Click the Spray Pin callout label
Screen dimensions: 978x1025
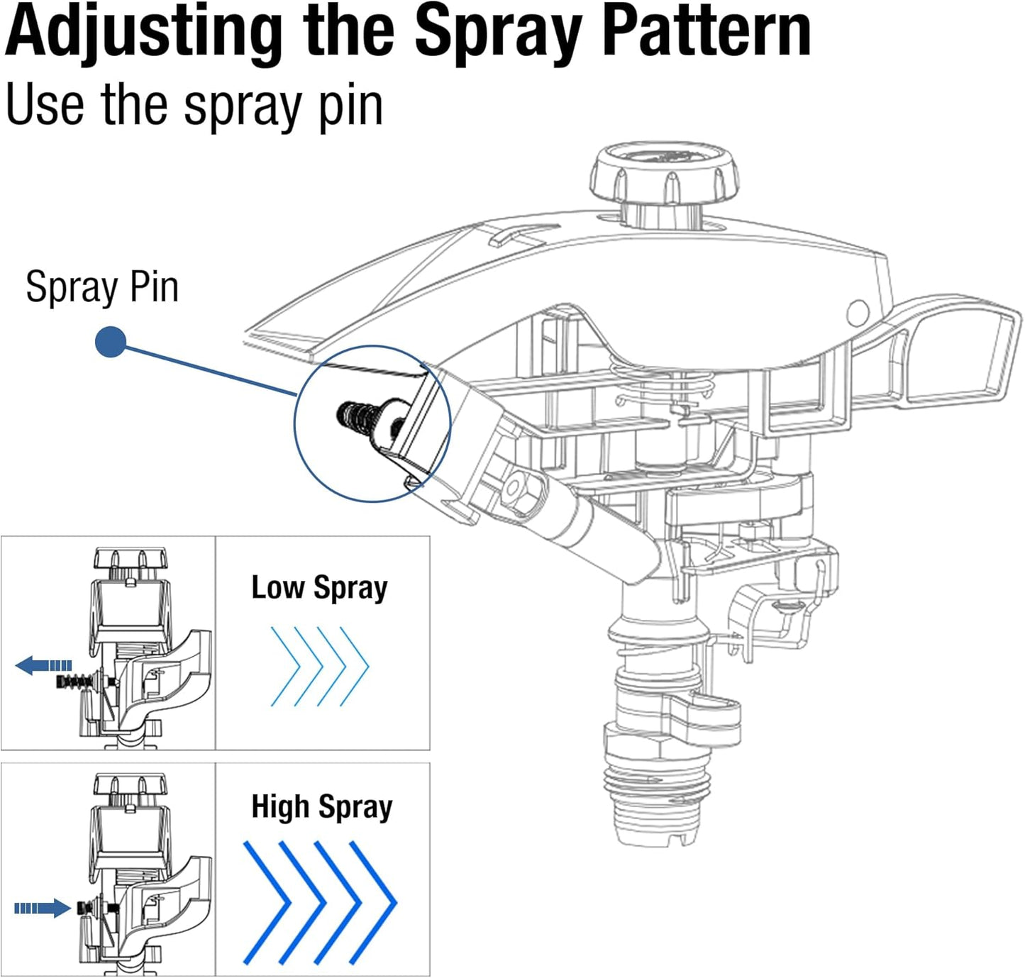click(101, 287)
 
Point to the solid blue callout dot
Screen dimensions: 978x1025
click(111, 342)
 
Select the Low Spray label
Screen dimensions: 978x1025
click(319, 588)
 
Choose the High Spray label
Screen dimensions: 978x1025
click(321, 807)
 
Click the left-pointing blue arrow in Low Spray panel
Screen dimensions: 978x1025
click(43, 665)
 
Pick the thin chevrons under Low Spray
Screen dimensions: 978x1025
click(319, 667)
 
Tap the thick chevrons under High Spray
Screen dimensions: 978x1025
click(319, 902)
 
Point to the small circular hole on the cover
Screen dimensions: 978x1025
click(858, 311)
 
